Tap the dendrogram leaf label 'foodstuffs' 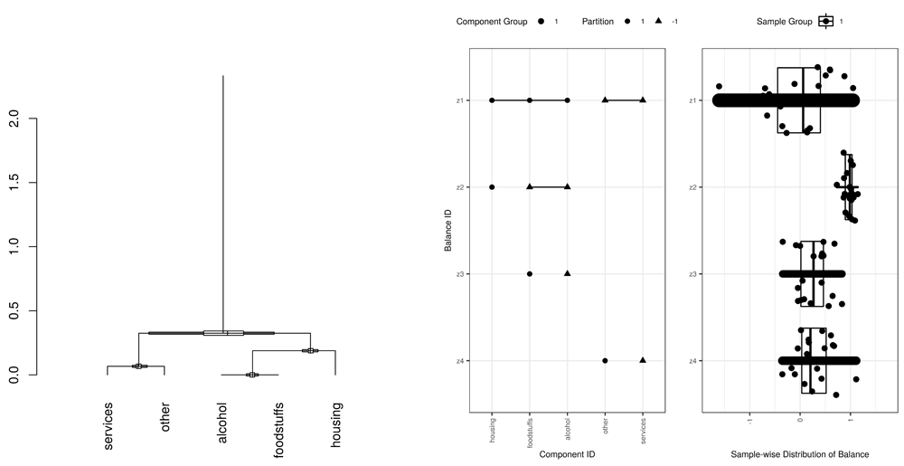coord(279,431)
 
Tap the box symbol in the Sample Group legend coord(825,21)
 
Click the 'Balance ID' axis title coord(450,230)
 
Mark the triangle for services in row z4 coord(643,360)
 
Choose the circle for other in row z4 coord(605,360)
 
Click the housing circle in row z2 coord(492,187)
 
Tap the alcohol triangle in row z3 coord(567,273)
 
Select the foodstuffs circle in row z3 coord(530,273)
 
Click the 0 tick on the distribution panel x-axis coord(800,420)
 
